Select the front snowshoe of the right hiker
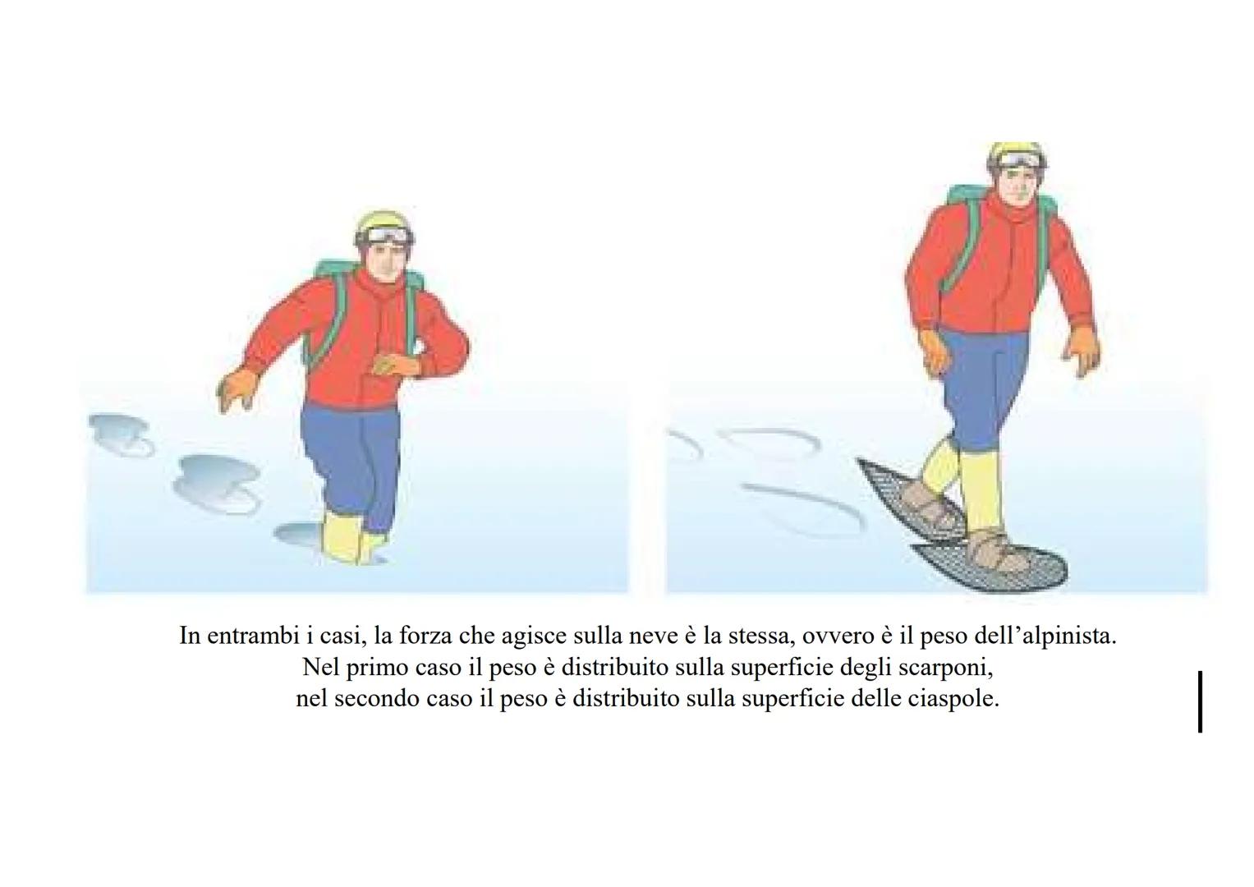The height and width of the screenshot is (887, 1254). pyautogui.click(x=992, y=565)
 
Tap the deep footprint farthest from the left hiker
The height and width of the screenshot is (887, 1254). pyautogui.click(x=121, y=434)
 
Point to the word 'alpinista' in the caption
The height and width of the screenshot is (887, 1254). pyautogui.click(x=1066, y=636)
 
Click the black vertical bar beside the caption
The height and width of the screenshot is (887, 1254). pyautogui.click(x=1201, y=701)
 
